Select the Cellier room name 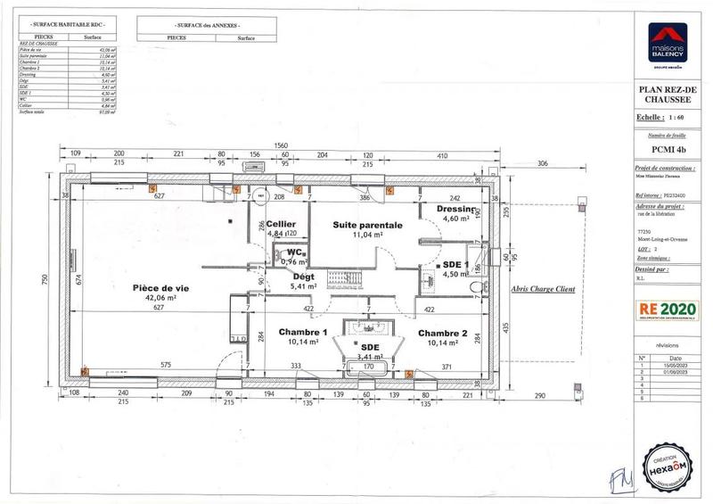point(281,223)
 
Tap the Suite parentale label point(368,226)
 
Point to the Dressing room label point(455,209)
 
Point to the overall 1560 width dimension point(279,145)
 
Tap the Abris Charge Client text point(543,289)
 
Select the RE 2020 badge point(667,310)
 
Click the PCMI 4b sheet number point(667,150)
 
